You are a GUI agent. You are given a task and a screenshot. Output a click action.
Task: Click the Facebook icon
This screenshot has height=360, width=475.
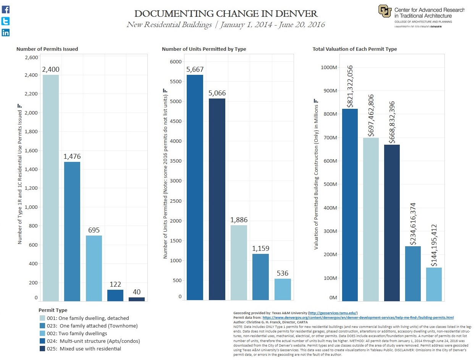[6, 10]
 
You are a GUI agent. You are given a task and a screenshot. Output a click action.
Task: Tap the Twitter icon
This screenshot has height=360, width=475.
[6, 21]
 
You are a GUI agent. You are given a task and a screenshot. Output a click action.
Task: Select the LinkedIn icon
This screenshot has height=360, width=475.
[6, 32]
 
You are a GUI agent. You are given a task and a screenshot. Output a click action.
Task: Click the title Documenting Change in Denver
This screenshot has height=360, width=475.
[226, 14]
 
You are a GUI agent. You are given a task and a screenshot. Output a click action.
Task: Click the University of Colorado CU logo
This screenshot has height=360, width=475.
[385, 11]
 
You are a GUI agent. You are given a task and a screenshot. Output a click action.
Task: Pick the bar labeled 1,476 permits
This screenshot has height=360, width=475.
[72, 231]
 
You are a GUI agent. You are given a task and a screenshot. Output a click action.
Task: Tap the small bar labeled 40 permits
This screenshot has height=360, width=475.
[137, 299]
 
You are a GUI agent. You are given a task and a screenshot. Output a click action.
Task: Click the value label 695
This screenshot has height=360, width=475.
[94, 230]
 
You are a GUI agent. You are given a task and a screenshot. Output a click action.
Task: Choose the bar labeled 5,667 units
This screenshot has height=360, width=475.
[195, 187]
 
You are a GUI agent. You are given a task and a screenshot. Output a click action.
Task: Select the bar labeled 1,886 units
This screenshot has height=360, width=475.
[239, 262]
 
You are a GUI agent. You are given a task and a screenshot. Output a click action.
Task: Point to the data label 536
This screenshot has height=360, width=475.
[283, 273]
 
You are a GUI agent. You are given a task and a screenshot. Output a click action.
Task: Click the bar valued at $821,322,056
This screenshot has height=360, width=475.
[350, 205]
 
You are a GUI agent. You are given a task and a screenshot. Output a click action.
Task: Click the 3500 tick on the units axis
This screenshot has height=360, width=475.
[176, 161]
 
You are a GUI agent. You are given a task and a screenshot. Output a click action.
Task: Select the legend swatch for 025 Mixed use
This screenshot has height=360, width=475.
[42, 349]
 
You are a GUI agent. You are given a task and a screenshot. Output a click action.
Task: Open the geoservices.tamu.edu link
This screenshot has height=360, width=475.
[333, 313]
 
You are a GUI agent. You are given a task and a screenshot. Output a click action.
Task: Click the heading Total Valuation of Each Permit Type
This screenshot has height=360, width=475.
[354, 49]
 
